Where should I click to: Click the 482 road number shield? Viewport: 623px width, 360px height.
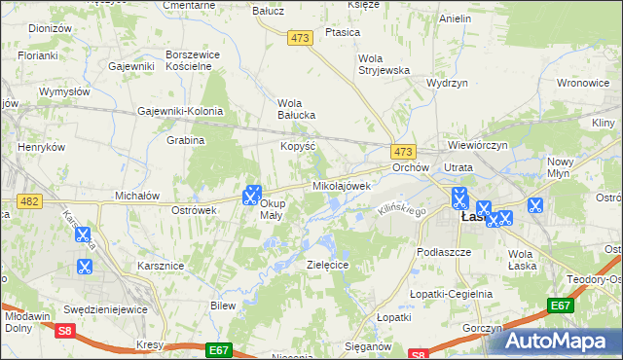pos(27,200)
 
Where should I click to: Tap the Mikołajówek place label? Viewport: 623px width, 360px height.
pos(341,185)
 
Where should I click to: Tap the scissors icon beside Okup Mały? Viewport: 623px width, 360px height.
pos(252,194)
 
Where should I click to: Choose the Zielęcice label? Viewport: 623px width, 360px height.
pos(327,265)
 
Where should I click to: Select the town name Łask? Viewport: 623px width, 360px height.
pos(473,217)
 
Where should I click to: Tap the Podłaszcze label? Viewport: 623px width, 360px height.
pos(442,251)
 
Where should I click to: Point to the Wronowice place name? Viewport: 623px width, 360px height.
pos(584,84)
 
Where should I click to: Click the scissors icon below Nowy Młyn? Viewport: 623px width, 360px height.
pos(534,205)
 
